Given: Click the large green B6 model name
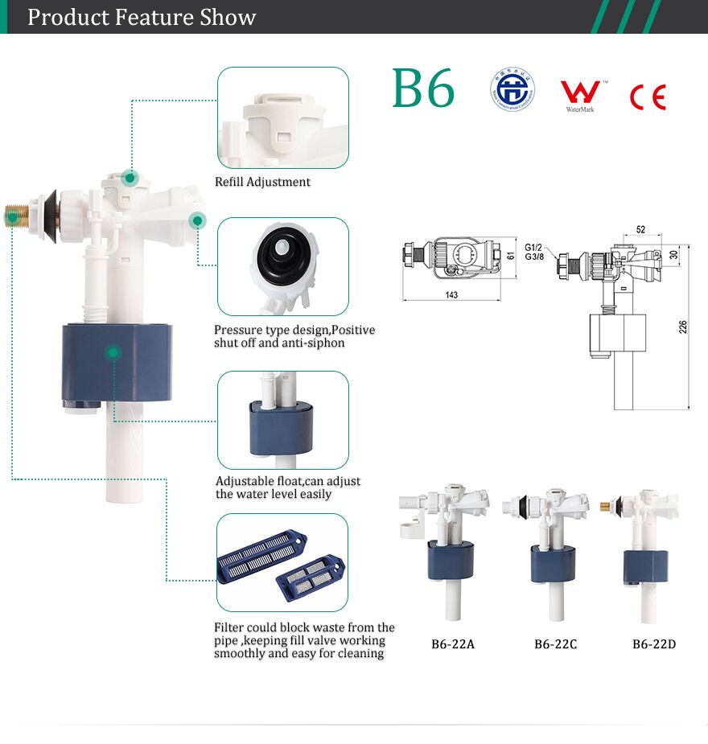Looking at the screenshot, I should click(x=423, y=88).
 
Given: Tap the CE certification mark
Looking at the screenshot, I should click(x=648, y=97).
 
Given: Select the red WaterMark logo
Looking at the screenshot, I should click(x=579, y=93).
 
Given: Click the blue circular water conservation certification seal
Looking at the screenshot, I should click(x=512, y=90).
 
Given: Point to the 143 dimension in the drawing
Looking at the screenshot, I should click(x=451, y=295).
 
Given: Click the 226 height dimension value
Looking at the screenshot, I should click(x=683, y=327).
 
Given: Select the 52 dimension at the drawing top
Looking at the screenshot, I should click(x=640, y=229).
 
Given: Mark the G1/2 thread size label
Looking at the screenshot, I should click(x=534, y=247).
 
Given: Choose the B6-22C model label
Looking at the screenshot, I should click(x=556, y=644).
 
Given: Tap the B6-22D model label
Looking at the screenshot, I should click(x=654, y=644).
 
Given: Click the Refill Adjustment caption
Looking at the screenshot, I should click(x=262, y=182).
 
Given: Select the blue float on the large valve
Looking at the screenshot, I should click(x=117, y=362).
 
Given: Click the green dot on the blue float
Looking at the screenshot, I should click(x=113, y=351).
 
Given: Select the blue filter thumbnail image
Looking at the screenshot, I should click(x=282, y=563).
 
